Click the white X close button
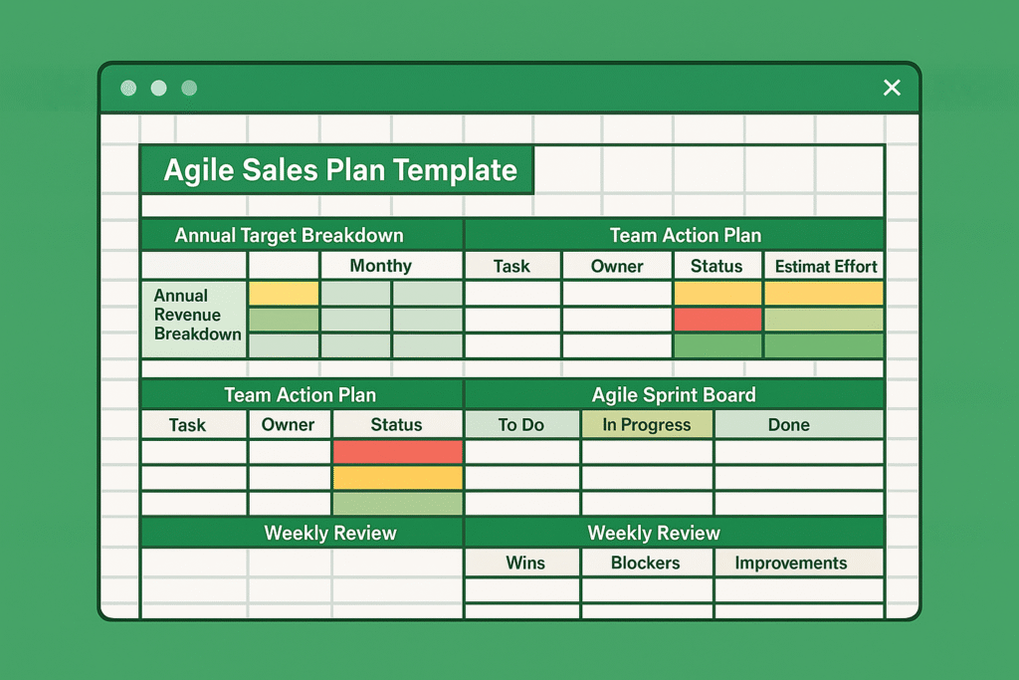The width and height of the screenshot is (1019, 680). [x=892, y=88]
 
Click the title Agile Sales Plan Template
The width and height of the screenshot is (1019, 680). [x=339, y=169]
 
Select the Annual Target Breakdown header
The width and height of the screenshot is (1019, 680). [x=289, y=236]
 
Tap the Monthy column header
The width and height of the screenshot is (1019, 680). [x=380, y=266]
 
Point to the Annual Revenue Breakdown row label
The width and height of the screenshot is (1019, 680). [x=195, y=315]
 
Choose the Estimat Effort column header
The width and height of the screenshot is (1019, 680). [x=825, y=266]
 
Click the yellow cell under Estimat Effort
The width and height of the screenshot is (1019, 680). [x=824, y=293]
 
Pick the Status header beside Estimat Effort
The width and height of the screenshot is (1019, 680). [x=716, y=266]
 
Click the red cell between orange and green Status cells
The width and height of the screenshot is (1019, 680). [x=717, y=320]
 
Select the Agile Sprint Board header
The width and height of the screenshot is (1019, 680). [x=674, y=394]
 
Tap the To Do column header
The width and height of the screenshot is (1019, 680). [x=521, y=424]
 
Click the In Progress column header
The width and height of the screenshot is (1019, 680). [x=646, y=424]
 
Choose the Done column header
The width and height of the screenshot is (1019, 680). [x=788, y=424]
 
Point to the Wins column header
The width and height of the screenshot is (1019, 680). [x=524, y=563]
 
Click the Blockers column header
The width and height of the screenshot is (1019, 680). [x=646, y=563]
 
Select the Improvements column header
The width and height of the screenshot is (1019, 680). [x=790, y=563]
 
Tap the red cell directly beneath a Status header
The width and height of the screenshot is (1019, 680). [x=397, y=452]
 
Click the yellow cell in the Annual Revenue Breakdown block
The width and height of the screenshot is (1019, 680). [x=284, y=293]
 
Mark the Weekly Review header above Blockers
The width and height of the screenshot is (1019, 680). [x=654, y=533]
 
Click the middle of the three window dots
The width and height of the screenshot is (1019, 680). [x=158, y=88]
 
